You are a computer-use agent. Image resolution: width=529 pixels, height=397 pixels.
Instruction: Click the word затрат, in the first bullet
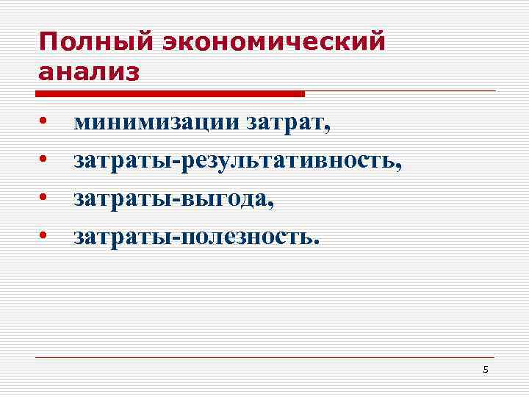pos(287,124)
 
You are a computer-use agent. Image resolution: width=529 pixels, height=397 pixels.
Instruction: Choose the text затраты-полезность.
pos(197,236)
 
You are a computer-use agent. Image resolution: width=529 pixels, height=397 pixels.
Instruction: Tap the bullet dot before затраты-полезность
pos(44,235)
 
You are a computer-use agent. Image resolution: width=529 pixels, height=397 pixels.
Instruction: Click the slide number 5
pos(486,369)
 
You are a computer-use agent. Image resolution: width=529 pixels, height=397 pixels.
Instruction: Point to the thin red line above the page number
pos(264,358)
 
